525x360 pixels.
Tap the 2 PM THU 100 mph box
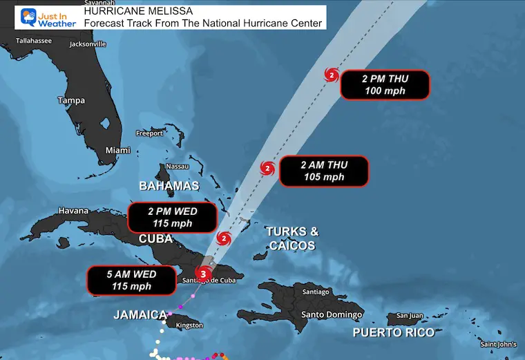384,86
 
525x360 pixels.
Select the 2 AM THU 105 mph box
323,171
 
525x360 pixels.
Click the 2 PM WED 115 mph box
172,217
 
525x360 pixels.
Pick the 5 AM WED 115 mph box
131,280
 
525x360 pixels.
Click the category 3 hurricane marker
202,274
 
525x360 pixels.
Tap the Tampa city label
71,101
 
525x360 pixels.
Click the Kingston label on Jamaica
189,325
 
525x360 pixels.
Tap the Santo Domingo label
331,315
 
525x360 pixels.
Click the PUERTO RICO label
394,332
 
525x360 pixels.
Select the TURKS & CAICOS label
292,238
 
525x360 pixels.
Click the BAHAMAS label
169,186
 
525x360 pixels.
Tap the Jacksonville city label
88,44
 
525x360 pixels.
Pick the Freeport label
149,133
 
